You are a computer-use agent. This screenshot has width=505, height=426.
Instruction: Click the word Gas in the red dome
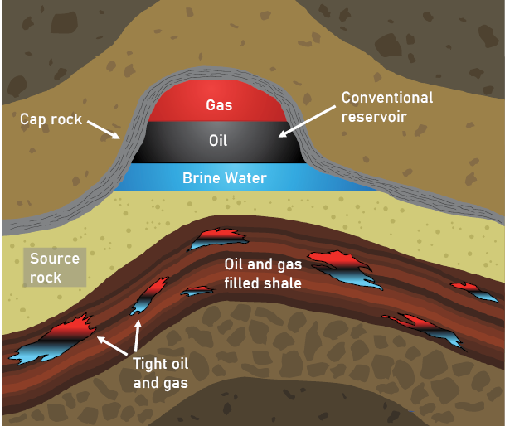pos(220,105)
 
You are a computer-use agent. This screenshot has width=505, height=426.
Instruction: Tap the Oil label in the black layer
pos(218,141)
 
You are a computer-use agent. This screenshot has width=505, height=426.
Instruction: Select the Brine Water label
pos(224,177)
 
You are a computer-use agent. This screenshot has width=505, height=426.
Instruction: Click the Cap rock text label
pos(51,119)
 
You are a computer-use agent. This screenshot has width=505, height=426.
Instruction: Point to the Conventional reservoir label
pos(387,107)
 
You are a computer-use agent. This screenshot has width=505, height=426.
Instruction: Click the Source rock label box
pos(55,268)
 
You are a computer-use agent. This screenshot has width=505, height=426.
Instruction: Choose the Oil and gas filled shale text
pos(263,274)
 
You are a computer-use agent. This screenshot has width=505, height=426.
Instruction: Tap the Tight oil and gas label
pos(160,372)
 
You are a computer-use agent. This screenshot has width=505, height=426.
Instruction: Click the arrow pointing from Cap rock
pos(104,128)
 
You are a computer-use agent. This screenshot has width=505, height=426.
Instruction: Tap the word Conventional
pos(387,98)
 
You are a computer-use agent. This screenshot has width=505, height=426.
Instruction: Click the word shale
pos(282,283)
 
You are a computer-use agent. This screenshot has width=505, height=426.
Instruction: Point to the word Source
pos(55,259)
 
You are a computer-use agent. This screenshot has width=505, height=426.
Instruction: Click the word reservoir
pos(375,116)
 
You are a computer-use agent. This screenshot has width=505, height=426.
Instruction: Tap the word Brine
pos(199,177)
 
